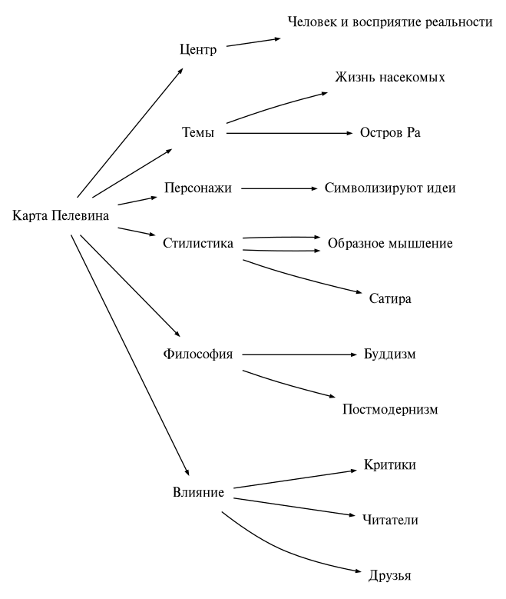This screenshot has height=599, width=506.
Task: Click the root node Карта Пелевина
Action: tap(61, 215)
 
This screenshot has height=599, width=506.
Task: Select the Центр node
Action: tap(198, 50)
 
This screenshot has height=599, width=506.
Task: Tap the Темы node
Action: tap(198, 133)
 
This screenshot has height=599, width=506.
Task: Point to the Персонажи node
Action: tap(198, 188)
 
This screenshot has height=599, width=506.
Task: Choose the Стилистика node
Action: tap(198, 244)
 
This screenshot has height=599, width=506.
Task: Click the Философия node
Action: tap(198, 354)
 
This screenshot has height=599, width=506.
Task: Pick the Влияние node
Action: tap(198, 493)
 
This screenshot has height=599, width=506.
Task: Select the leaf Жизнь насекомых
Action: tap(390, 78)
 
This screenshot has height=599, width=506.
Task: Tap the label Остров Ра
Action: tap(390, 133)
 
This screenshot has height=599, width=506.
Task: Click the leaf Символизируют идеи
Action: tap(390, 188)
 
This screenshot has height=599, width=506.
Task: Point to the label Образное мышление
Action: tap(390, 244)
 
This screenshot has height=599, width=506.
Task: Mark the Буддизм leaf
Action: tap(390, 354)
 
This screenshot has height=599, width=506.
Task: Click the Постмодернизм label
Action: tap(390, 409)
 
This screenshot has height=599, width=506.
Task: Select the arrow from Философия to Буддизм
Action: tap(299, 354)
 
